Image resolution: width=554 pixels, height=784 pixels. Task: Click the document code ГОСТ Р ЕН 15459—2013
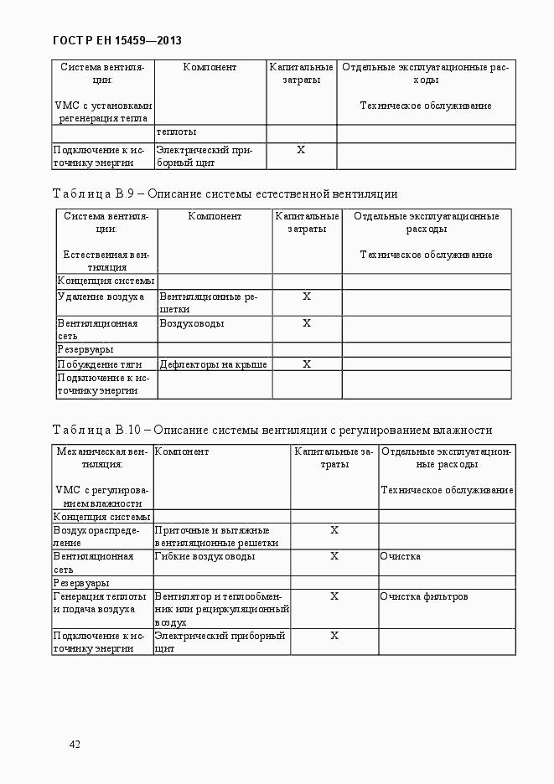(x=116, y=40)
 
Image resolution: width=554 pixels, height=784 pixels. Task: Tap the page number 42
(x=75, y=745)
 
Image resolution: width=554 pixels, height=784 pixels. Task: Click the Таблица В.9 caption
(x=225, y=193)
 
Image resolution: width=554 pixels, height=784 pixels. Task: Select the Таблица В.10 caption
(x=272, y=430)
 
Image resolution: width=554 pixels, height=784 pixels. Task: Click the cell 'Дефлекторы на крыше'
(x=213, y=364)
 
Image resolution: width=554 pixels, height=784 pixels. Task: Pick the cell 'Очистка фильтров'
(x=423, y=596)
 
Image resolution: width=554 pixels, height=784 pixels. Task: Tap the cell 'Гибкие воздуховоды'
(x=205, y=556)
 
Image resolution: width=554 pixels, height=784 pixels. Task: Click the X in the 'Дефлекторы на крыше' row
(x=307, y=364)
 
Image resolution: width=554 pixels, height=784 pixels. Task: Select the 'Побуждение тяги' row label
(x=99, y=364)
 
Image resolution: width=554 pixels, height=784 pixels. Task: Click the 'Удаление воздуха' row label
(x=101, y=297)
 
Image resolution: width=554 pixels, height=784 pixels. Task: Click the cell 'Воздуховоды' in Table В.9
(x=192, y=323)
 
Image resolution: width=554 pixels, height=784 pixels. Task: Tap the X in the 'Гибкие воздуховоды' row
(x=334, y=556)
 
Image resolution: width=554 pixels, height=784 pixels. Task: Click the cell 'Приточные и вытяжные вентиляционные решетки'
(x=216, y=536)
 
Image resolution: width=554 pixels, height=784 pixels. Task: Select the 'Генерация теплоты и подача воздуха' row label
(x=95, y=602)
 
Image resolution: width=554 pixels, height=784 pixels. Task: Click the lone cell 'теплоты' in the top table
(x=176, y=132)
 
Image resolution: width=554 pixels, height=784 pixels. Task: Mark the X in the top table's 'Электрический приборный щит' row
(x=301, y=149)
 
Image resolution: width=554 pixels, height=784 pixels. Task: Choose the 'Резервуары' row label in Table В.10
(x=81, y=582)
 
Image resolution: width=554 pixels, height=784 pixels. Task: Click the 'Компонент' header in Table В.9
(x=215, y=216)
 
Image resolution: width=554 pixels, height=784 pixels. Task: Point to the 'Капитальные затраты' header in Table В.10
(x=334, y=457)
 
